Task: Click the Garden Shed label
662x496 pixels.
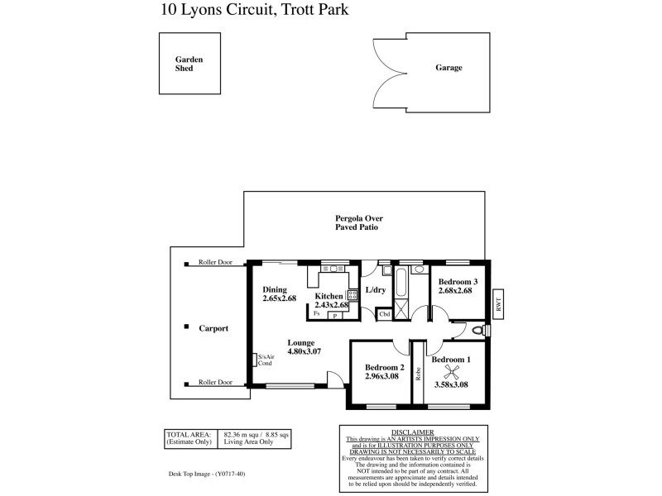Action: click(x=189, y=64)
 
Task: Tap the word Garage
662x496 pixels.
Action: click(x=449, y=68)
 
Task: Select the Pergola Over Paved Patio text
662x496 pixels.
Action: click(x=357, y=222)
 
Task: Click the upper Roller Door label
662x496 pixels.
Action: click(x=215, y=263)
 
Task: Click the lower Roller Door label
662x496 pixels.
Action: click(x=215, y=383)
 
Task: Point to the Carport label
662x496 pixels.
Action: click(x=213, y=328)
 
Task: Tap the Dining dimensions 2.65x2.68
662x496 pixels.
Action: click(x=279, y=298)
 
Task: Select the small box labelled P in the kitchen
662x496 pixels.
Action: click(x=336, y=315)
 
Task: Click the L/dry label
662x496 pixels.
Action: click(x=376, y=290)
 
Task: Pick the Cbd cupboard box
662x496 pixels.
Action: click(x=385, y=314)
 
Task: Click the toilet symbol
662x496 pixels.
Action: click(x=477, y=330)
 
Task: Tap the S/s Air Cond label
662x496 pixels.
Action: click(x=265, y=360)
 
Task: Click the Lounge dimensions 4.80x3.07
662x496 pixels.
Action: click(x=304, y=351)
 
